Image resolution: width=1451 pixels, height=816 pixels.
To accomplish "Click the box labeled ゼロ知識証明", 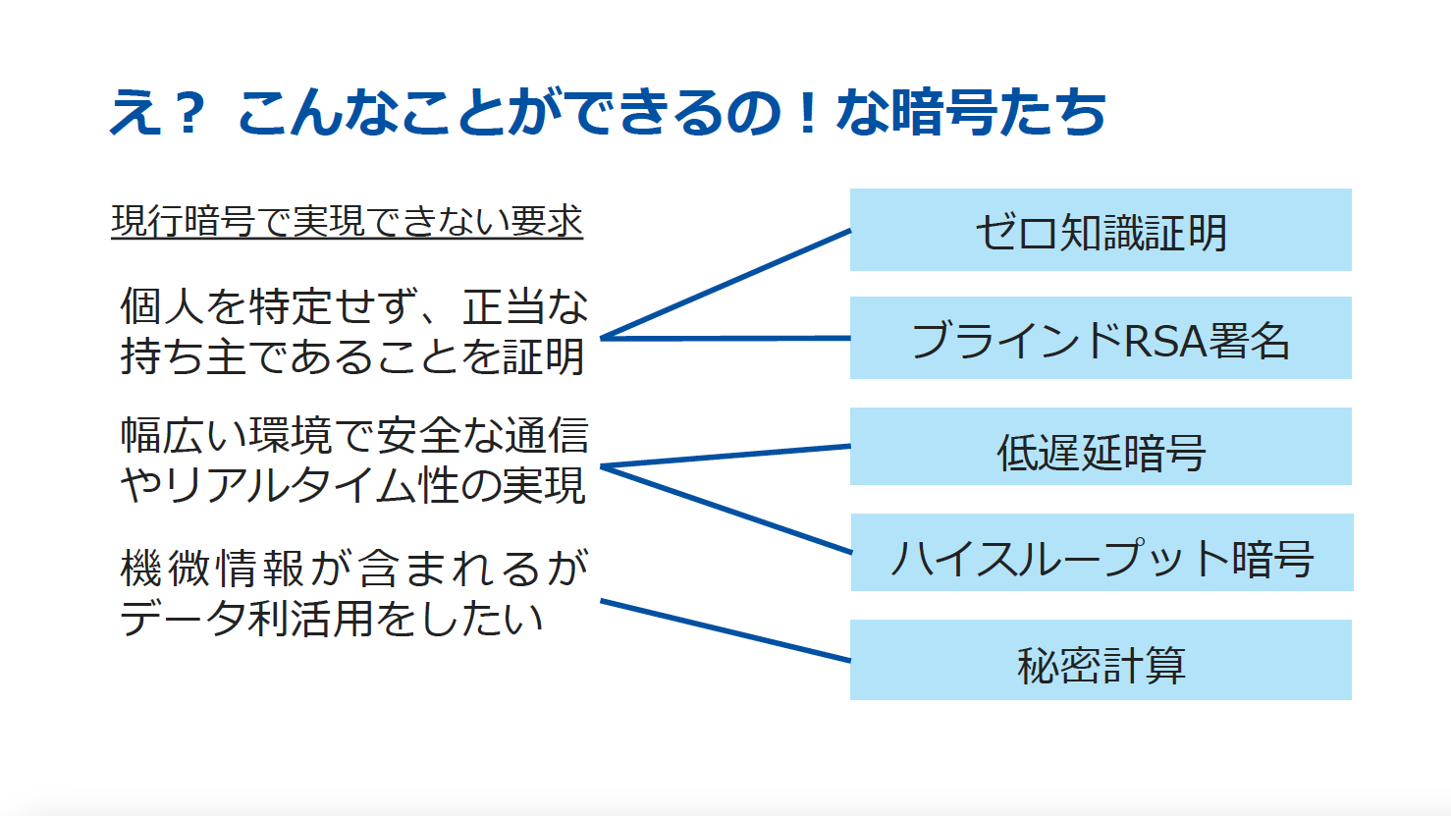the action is pyautogui.click(x=1101, y=230).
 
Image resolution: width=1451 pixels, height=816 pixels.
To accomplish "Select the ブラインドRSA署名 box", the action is pyautogui.click(x=1101, y=338).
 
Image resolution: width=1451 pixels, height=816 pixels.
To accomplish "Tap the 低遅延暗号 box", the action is pyautogui.click(x=1101, y=447).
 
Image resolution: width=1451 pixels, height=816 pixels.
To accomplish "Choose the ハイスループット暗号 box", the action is pyautogui.click(x=1102, y=552).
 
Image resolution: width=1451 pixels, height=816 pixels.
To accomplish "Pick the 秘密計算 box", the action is pyautogui.click(x=1101, y=660).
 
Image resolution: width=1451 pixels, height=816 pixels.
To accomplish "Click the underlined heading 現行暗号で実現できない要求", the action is pyautogui.click(x=348, y=222).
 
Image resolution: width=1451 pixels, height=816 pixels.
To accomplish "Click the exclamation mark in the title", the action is pyautogui.click(x=807, y=112).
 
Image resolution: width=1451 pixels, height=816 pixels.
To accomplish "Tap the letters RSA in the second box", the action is pyautogui.click(x=1165, y=341).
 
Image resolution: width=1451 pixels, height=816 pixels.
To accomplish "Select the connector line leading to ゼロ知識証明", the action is pyautogui.click(x=725, y=284).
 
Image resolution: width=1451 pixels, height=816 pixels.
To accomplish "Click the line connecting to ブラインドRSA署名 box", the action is pyautogui.click(x=725, y=339).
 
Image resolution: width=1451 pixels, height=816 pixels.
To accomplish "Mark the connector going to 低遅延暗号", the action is pyautogui.click(x=725, y=456).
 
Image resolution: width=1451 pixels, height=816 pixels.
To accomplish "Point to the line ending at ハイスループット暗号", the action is pyautogui.click(x=725, y=510).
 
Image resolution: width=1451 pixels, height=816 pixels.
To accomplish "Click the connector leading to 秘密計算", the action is pyautogui.click(x=725, y=630).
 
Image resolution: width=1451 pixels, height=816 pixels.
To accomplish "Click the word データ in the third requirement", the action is pyautogui.click(x=183, y=619).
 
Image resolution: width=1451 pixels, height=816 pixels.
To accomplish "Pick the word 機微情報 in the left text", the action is pyautogui.click(x=212, y=568).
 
